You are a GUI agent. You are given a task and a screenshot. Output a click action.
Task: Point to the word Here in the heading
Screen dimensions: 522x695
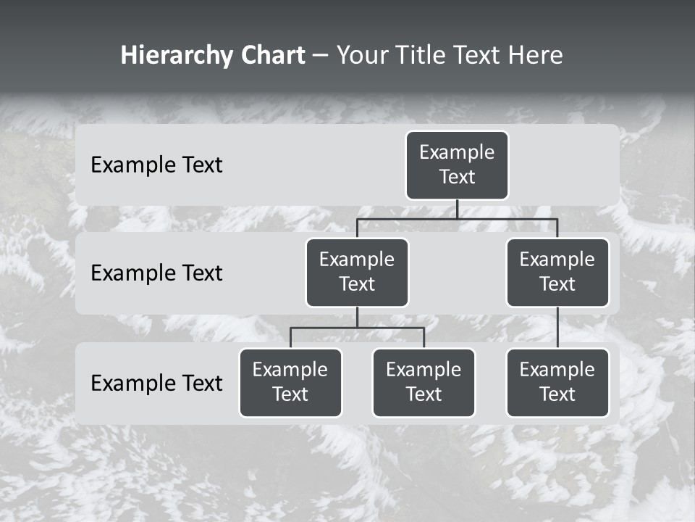click(x=535, y=56)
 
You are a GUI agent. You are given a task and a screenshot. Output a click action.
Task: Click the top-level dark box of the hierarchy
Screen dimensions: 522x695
click(x=457, y=165)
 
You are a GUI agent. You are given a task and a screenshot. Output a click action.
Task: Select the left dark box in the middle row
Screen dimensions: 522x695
click(x=357, y=272)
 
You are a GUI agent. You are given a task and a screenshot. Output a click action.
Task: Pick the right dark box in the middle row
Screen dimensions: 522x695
click(x=557, y=272)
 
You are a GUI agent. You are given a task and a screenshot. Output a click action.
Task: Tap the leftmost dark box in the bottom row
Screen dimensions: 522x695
click(x=290, y=382)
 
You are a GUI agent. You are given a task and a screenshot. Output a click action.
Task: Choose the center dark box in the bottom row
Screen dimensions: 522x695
click(x=424, y=382)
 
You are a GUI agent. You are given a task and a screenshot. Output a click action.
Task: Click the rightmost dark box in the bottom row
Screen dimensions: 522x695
click(x=557, y=382)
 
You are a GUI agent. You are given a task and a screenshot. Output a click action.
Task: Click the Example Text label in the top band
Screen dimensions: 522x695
click(x=156, y=165)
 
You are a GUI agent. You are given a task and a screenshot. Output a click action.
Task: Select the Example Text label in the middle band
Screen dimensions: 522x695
click(x=156, y=273)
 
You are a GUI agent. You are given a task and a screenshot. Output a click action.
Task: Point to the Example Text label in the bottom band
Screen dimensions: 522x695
click(x=156, y=383)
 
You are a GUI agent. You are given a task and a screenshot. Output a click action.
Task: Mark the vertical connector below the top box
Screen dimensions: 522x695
click(x=457, y=209)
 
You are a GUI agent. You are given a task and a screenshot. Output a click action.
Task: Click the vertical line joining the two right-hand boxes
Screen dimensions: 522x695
click(x=557, y=328)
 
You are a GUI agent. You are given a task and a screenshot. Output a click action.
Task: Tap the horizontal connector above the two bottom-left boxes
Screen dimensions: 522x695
click(x=357, y=328)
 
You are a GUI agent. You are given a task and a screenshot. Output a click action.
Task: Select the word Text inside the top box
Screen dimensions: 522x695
click(x=457, y=177)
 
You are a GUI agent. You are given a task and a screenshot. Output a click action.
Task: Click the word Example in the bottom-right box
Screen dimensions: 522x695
click(x=557, y=370)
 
